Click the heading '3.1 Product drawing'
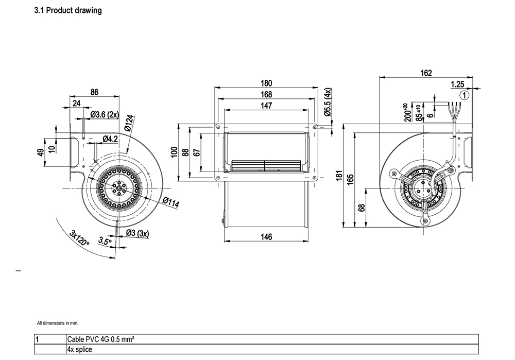click(68, 10)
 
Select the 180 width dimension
click(266, 83)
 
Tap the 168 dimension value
click(266, 95)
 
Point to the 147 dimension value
click(266, 106)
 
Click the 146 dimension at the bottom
click(266, 237)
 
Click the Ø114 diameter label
click(171, 202)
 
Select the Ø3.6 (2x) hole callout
click(105, 115)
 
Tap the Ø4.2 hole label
click(110, 139)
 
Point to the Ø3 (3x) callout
click(138, 233)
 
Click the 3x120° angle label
click(79, 238)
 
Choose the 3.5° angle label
click(105, 241)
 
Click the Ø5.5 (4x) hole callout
click(328, 102)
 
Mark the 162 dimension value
click(426, 73)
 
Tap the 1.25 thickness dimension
click(457, 84)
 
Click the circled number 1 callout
click(465, 95)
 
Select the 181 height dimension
click(339, 175)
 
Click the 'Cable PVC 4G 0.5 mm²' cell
click(100, 339)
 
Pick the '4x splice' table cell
click(80, 350)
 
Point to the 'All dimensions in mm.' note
click(58, 323)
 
